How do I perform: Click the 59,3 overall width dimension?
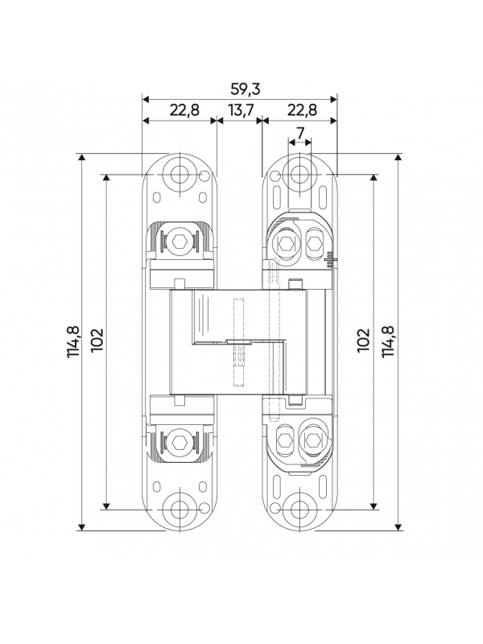(246, 89)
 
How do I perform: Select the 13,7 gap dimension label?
(241, 110)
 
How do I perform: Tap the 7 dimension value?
(300, 133)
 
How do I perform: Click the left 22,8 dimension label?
(184, 110)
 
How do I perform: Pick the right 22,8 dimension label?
(302, 110)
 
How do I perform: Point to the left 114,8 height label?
(74, 341)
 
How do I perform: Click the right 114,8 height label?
(388, 341)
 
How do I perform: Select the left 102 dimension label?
(97, 340)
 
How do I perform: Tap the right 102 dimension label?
(364, 340)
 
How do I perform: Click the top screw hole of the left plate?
(179, 173)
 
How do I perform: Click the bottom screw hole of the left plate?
(179, 507)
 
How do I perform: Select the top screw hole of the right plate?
(299, 173)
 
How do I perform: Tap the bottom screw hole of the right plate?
(299, 510)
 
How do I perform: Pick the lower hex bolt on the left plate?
(179, 442)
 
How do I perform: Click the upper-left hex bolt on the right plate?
(285, 244)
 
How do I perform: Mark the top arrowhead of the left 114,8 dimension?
(82, 158)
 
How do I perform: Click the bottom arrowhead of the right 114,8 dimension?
(398, 526)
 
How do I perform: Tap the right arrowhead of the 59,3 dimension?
(333, 99)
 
